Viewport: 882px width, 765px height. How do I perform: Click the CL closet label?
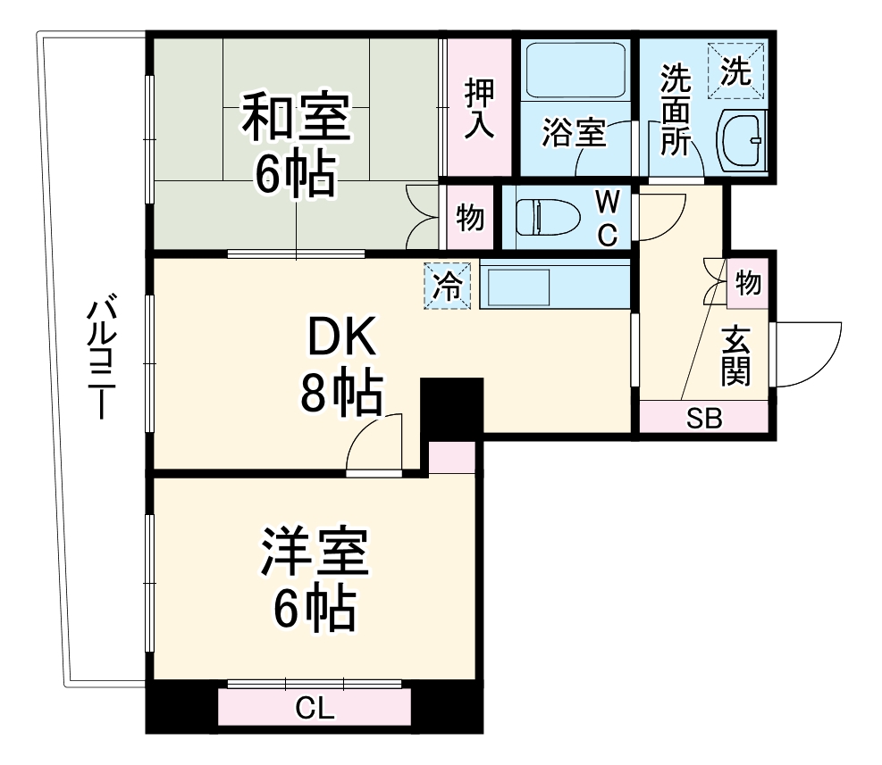(x=315, y=710)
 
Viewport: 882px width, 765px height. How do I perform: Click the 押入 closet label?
(x=478, y=108)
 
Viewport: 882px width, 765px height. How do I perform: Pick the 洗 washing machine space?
(x=737, y=70)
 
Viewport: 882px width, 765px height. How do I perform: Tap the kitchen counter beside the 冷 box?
(x=554, y=286)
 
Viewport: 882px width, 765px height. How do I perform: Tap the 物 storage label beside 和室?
(x=470, y=217)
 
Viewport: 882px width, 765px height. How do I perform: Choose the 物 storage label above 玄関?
(x=748, y=283)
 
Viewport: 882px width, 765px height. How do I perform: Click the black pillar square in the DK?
(x=451, y=407)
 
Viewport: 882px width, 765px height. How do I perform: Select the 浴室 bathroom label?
(x=574, y=134)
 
